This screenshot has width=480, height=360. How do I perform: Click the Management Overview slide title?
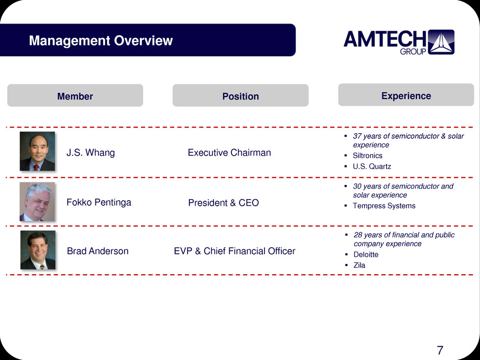click(x=101, y=40)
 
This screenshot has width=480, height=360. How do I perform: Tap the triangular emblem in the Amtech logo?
click(x=441, y=42)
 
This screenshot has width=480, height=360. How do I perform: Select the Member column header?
click(x=75, y=96)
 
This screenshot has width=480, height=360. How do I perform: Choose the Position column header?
click(x=241, y=96)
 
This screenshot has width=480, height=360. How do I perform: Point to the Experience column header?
click(x=406, y=95)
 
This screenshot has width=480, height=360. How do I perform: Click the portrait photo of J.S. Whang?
click(x=37, y=151)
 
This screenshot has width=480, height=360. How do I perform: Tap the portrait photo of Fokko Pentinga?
click(x=37, y=202)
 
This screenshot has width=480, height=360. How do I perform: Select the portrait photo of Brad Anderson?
click(x=38, y=250)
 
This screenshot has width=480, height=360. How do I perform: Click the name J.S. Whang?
click(x=90, y=153)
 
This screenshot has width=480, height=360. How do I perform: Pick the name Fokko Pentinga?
click(x=99, y=202)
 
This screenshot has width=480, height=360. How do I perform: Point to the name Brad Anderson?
click(x=98, y=251)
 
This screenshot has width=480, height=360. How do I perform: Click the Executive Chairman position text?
click(x=229, y=153)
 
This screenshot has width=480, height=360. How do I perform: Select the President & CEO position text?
click(x=224, y=203)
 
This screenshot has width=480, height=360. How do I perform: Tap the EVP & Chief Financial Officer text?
click(x=234, y=251)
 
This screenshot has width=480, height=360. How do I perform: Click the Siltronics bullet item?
click(x=367, y=156)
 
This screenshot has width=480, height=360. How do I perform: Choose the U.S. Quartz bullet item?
click(x=372, y=166)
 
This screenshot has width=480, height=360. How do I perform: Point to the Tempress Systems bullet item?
click(x=384, y=206)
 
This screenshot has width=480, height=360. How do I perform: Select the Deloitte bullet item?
click(x=366, y=254)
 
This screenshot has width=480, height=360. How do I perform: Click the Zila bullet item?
click(x=359, y=265)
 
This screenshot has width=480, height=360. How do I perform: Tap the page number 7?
click(x=440, y=350)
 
